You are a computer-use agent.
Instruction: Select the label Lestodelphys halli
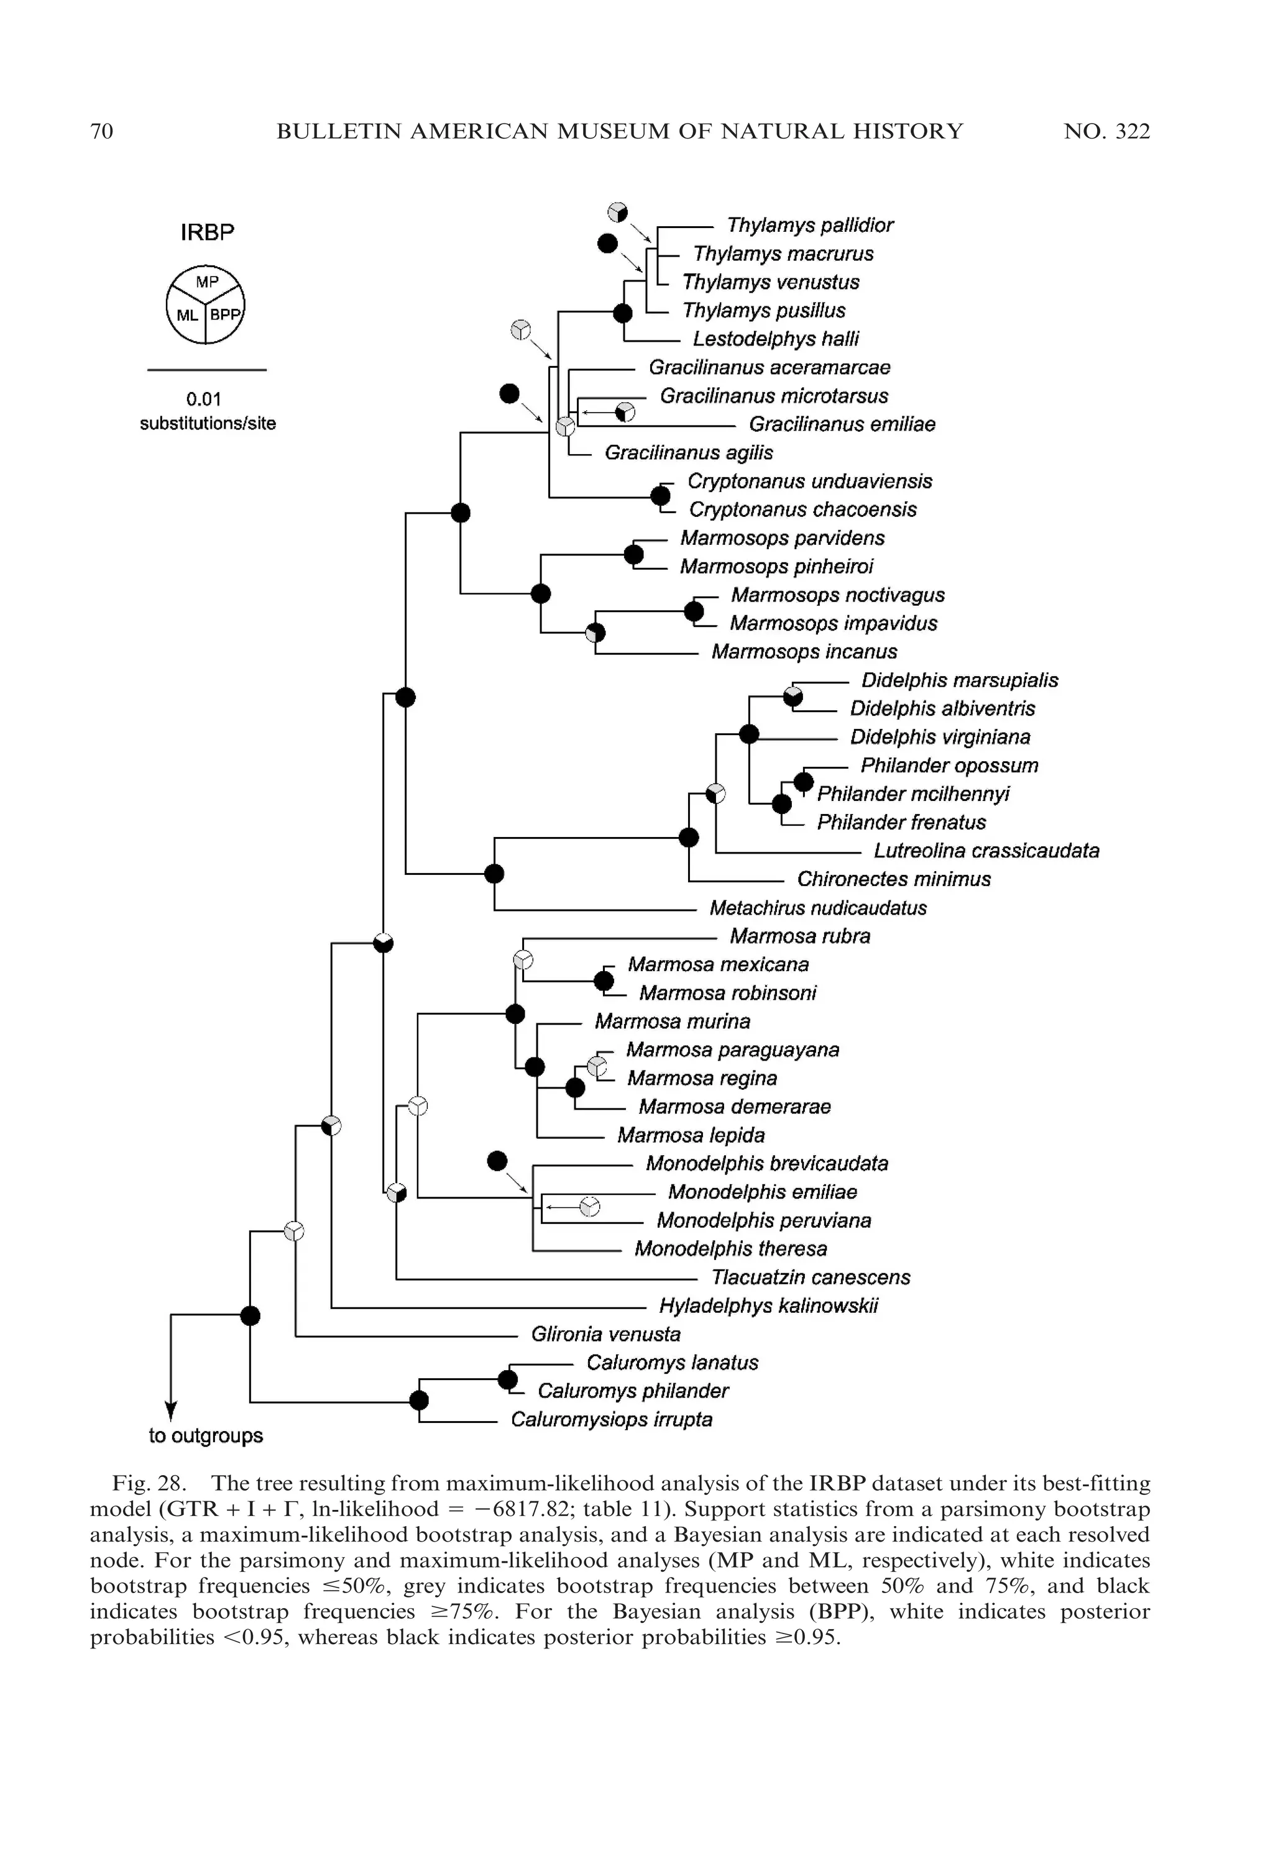coord(775,340)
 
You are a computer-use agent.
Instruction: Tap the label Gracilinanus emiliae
coord(842,425)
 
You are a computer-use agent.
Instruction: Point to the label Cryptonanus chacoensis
coord(802,510)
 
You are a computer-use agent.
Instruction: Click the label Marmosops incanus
coord(804,652)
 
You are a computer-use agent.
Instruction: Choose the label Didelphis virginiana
coord(940,738)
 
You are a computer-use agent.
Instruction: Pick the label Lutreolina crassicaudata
coord(986,851)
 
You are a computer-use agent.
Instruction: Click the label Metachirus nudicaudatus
coord(817,908)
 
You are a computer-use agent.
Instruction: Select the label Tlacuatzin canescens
coord(811,1278)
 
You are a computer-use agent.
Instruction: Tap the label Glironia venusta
coord(605,1335)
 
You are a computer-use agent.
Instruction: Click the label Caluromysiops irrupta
coord(611,1420)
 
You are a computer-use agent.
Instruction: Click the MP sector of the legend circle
coord(206,282)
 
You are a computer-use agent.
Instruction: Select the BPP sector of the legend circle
coord(224,316)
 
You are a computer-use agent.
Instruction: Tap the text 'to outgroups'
coord(206,1437)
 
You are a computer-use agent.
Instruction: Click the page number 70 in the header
coord(101,132)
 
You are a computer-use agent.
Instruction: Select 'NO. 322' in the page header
coord(1106,132)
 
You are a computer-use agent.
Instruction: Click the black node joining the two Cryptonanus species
coord(660,496)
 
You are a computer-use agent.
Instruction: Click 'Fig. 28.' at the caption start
coord(149,1484)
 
